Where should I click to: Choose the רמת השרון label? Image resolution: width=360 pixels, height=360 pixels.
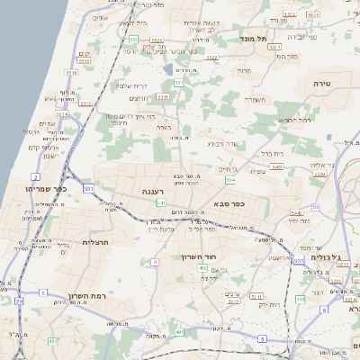click(x=86, y=294)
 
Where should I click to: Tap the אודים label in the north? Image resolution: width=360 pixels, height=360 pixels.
click(x=100, y=18)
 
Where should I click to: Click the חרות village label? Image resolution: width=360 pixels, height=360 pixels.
click(x=243, y=69)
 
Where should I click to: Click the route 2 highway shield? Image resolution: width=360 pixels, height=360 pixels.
click(x=34, y=176)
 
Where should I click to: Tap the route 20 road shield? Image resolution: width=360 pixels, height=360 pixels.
click(x=19, y=301)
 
